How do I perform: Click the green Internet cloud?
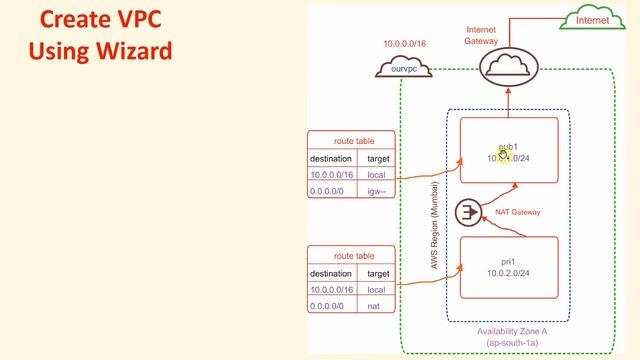593,19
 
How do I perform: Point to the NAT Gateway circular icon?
467,213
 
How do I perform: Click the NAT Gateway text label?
518,212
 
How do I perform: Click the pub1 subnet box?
507,151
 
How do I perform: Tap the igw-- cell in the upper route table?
379,192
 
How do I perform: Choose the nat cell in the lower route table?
378,305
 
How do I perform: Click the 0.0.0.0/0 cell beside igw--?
331,192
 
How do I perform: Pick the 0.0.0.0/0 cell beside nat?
331,305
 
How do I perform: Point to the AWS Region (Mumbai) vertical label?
433,232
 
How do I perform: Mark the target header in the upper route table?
379,158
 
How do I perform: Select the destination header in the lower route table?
331,272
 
